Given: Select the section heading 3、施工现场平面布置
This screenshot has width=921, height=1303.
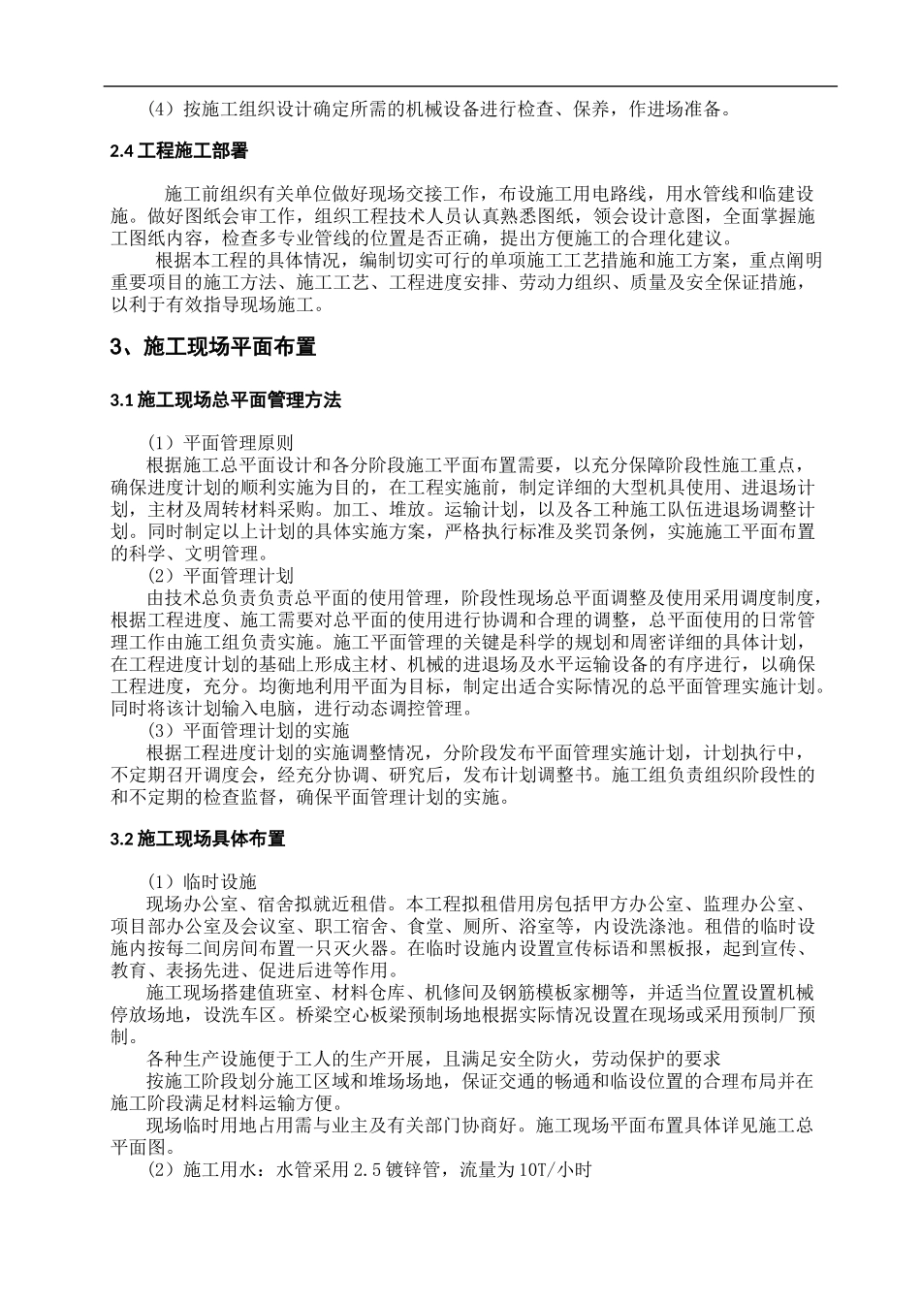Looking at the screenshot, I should pyautogui.click(x=213, y=346).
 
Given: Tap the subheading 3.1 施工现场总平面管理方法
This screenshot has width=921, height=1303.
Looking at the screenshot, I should pyautogui.click(x=225, y=399).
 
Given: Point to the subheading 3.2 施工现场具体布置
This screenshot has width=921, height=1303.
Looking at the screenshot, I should pyautogui.click(x=198, y=838).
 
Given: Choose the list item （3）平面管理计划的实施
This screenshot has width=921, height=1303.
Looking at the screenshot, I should pyautogui.click(x=247, y=730).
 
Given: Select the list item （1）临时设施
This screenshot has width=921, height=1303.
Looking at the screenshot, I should pyautogui.click(x=201, y=880).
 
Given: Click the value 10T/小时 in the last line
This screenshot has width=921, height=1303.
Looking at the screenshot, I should pyautogui.click(x=555, y=1170).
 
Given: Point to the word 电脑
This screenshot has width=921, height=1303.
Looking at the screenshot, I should pyautogui.click(x=282, y=708).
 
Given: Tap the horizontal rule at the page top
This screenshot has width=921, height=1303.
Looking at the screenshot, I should pyautogui.click(x=472, y=86).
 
